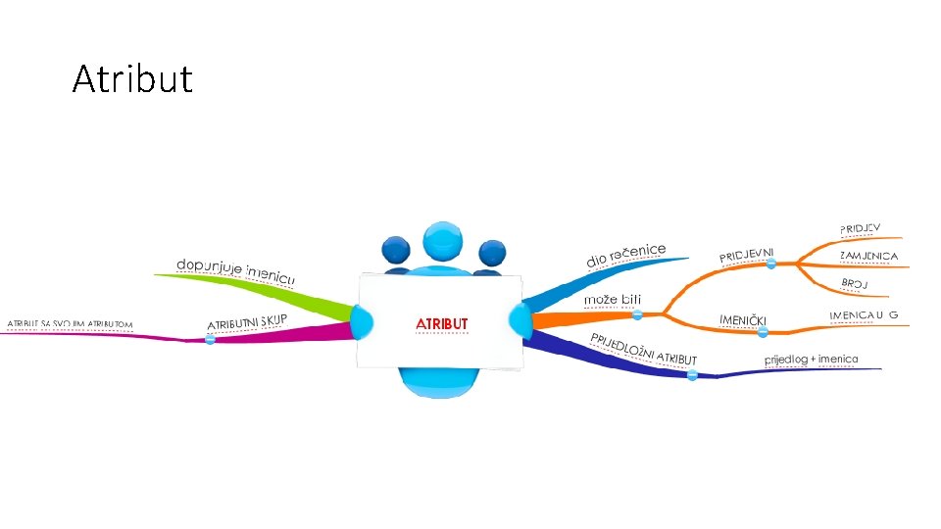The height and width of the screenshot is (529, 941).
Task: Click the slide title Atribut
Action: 132,78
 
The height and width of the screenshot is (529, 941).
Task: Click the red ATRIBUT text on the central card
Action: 442,323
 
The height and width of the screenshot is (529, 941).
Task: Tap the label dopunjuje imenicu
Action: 235,271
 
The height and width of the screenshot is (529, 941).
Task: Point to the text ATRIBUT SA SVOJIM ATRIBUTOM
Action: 70,324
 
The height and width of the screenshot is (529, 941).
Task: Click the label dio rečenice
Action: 626,255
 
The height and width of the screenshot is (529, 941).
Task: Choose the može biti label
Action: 614,299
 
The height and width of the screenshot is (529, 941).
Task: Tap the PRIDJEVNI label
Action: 753,254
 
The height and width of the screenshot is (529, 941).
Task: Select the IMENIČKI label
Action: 742,320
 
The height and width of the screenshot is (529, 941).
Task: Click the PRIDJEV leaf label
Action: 860,228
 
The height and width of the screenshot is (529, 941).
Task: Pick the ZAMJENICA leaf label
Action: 868,257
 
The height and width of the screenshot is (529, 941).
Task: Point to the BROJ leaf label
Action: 855,284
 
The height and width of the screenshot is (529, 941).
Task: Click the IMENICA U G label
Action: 864,314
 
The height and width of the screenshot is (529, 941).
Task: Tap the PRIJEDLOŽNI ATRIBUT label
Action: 643,349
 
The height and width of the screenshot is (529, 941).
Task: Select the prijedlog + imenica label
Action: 811,360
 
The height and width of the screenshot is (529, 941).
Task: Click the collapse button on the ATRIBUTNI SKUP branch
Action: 210,340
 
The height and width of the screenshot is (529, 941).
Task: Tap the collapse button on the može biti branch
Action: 637,314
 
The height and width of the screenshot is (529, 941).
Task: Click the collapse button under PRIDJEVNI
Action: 771,264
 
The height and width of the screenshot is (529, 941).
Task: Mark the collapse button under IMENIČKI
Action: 763,333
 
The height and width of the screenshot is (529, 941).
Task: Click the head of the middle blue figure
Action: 442,241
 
